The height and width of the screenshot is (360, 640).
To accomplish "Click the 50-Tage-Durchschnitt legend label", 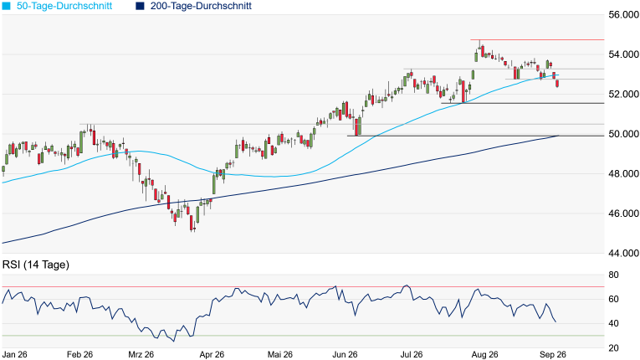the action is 64,6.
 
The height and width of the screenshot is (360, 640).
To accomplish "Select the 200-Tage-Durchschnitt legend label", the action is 201,6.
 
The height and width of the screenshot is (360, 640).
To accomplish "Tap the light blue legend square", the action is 6,6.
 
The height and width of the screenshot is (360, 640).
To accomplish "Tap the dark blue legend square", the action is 140,6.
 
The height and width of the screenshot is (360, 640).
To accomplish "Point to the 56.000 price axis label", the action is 623,15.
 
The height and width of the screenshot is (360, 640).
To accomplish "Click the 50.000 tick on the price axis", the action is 623,134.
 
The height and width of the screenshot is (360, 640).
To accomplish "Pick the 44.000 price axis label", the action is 623,254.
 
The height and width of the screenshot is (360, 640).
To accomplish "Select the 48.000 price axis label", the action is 623,173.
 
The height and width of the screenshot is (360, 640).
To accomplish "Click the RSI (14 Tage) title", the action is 36,265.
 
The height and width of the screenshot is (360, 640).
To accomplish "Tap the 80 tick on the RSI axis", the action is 613,275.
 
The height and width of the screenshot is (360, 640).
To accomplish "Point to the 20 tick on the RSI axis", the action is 613,348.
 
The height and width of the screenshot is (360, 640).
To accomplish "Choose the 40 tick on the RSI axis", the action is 613,324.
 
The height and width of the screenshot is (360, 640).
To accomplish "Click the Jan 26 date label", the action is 15,354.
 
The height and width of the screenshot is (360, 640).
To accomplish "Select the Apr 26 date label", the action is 212,354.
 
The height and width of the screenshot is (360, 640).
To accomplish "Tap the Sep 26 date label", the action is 553,354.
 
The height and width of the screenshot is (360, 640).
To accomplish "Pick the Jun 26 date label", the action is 345,354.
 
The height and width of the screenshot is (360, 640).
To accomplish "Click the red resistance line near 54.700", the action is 537,39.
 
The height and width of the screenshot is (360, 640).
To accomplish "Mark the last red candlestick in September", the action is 557,84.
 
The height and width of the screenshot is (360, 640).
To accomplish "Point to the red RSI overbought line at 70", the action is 303,287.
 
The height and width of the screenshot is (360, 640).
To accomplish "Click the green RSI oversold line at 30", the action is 303,336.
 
